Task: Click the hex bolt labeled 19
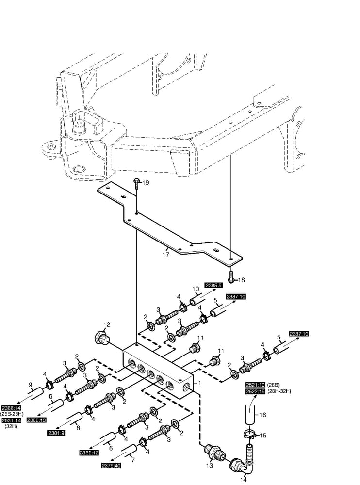click(137, 182)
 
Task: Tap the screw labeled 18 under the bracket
click(231, 279)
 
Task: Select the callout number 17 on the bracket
click(165, 253)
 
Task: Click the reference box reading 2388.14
click(12, 408)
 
